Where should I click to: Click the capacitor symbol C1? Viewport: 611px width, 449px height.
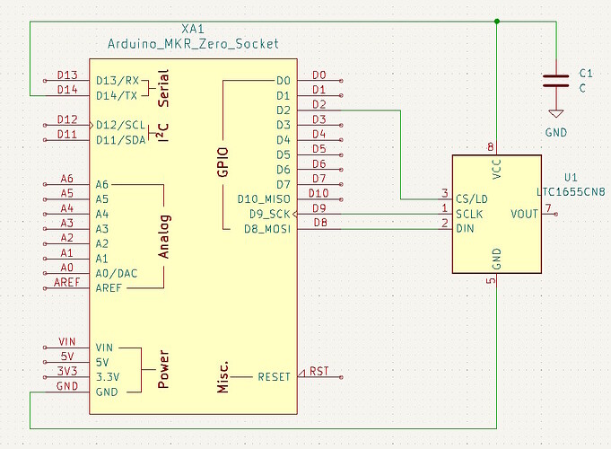[556, 81]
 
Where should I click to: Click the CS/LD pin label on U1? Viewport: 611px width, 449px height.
[470, 198]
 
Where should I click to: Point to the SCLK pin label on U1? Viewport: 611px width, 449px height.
[470, 214]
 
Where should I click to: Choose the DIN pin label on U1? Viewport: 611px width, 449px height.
[466, 229]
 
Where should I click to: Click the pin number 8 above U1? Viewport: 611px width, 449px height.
[490, 146]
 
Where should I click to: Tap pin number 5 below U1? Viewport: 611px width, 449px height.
[490, 281]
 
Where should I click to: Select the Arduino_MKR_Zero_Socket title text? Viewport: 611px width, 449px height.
[194, 43]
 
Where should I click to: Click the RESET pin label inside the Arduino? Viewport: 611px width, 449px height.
[274, 376]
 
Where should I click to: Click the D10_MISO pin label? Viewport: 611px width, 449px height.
[263, 198]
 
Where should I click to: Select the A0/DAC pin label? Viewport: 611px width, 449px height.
[117, 273]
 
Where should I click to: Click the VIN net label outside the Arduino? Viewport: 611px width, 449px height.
[67, 341]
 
